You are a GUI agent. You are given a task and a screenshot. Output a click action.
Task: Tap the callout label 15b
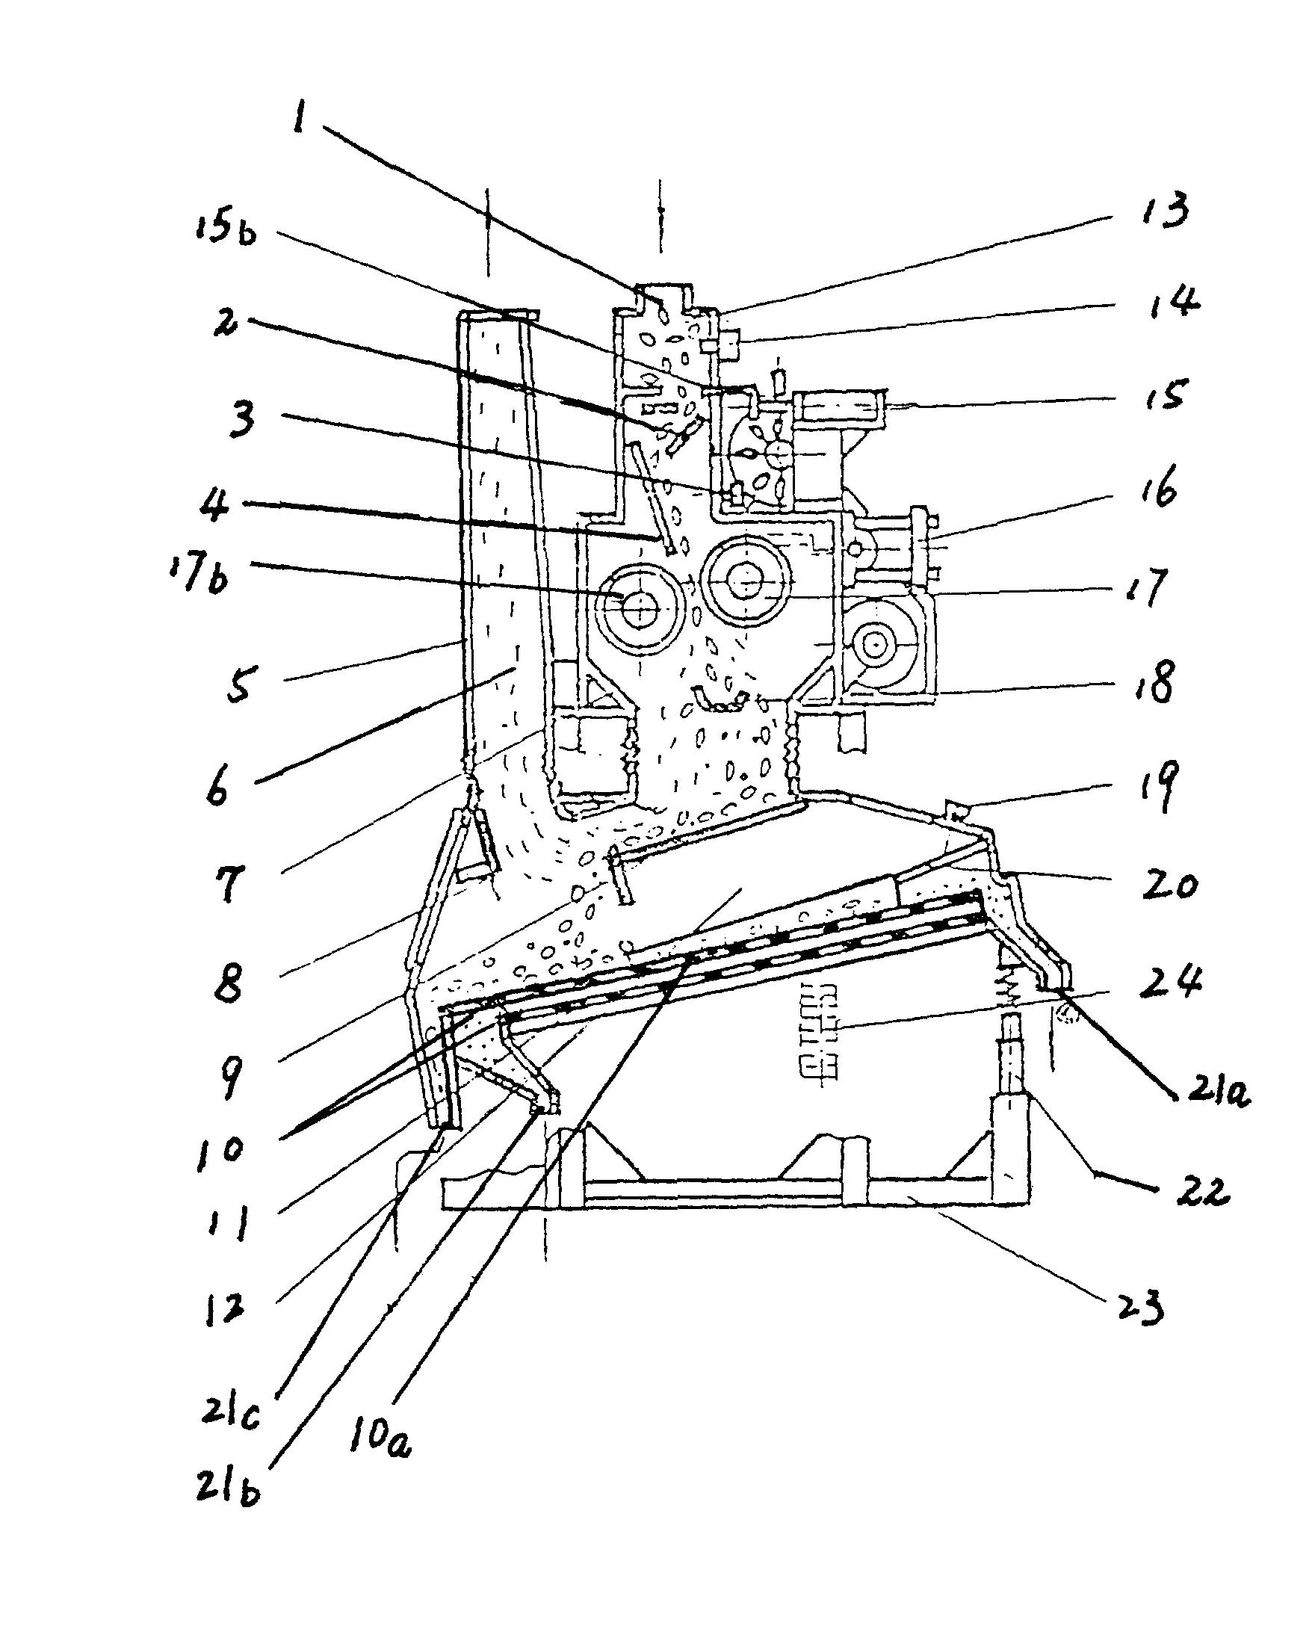226,229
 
